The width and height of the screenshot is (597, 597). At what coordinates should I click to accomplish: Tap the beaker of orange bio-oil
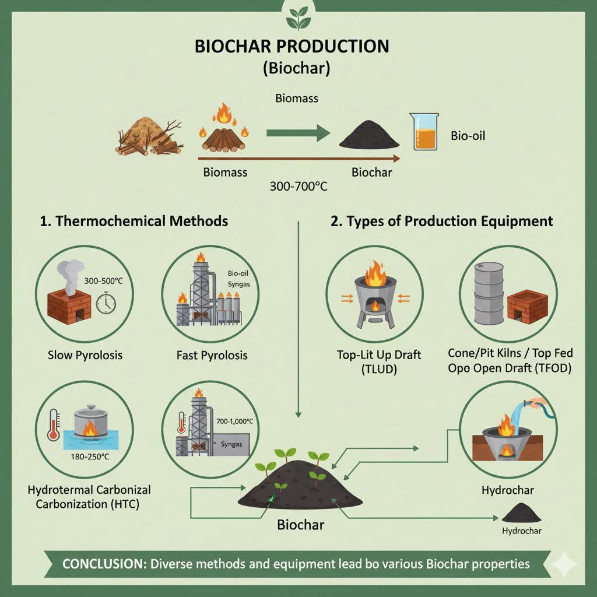427,132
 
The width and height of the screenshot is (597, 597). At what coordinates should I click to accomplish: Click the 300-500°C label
103,280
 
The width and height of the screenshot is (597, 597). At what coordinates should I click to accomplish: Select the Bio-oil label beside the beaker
468,136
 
